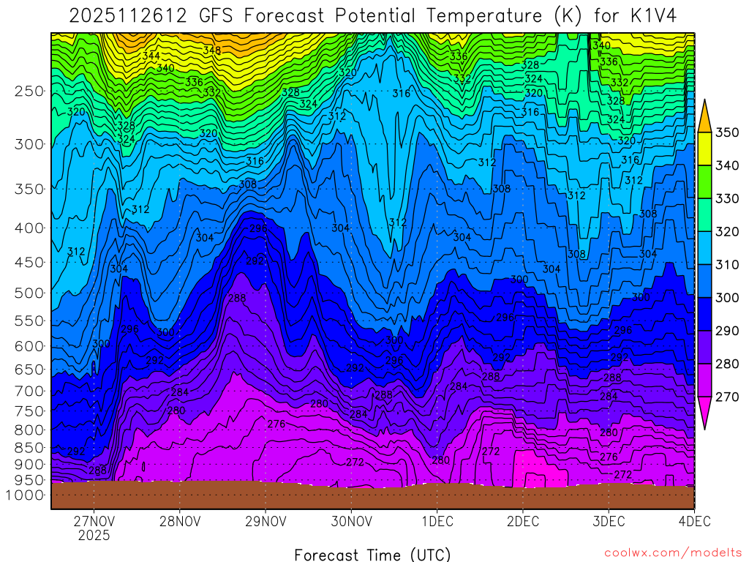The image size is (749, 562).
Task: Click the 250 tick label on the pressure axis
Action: [29, 91]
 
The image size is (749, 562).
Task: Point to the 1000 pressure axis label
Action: [26, 495]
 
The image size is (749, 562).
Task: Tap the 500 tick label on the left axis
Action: [29, 293]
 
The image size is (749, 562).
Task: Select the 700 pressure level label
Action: [29, 391]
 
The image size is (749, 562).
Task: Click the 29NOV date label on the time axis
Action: [266, 522]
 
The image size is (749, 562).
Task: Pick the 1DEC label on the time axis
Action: [437, 522]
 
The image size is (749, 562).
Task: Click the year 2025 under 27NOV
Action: [94, 536]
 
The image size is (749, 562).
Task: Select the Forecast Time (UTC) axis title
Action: [372, 554]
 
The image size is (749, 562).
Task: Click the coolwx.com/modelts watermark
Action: [672, 552]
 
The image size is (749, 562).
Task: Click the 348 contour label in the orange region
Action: [212, 50]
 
